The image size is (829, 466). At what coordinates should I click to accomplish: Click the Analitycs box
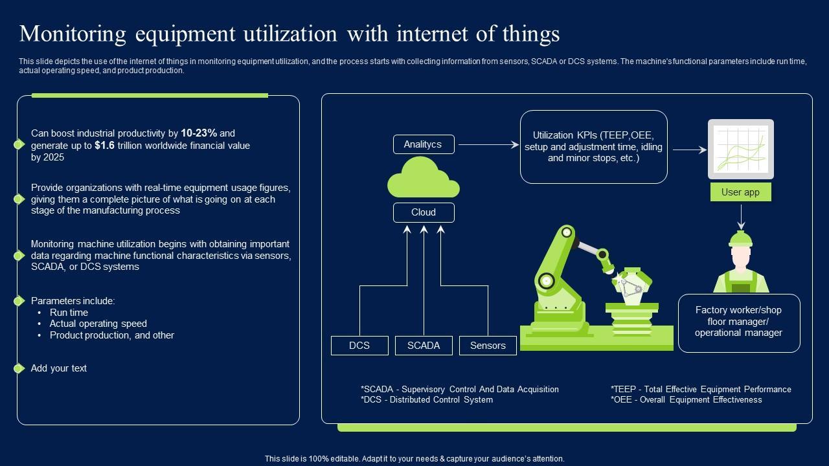point(424,144)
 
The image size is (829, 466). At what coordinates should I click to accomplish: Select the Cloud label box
point(424,212)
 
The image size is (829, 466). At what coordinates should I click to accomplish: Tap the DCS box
point(359,346)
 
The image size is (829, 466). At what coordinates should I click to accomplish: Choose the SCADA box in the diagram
point(424,346)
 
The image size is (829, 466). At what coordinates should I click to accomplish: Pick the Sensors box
point(488,346)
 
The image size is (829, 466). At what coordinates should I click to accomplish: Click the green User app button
point(740,192)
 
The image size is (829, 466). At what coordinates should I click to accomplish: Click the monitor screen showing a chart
point(740,149)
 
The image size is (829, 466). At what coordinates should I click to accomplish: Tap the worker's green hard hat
point(740,239)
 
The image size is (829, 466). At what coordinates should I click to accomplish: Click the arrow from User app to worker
point(740,217)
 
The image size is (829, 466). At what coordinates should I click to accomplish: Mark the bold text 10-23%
point(199,133)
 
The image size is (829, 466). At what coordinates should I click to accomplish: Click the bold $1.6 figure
point(104,146)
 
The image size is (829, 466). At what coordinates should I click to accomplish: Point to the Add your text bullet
point(59,368)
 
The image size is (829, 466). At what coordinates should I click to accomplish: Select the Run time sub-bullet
point(69,313)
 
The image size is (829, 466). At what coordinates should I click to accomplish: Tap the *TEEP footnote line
point(701,390)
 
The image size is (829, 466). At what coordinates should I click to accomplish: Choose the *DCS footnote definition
point(427,400)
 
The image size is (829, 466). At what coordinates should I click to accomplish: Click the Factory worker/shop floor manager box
point(739,322)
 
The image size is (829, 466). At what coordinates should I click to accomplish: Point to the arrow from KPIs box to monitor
point(690,150)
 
